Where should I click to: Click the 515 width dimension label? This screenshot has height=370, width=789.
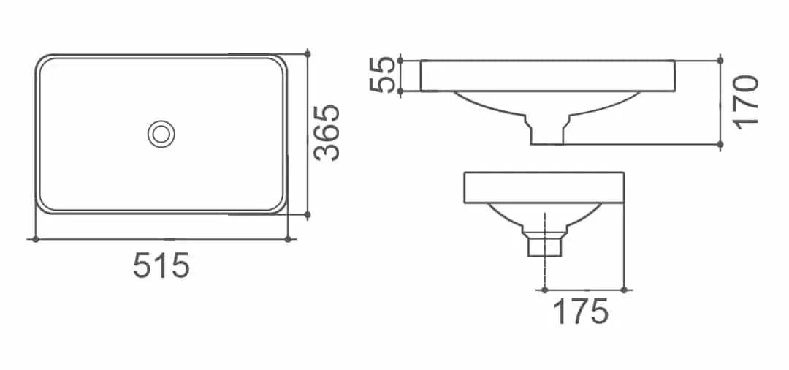pyautogui.click(x=161, y=265)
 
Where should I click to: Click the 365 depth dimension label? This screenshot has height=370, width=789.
pyautogui.click(x=327, y=132)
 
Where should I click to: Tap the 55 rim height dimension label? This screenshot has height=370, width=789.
pyautogui.click(x=386, y=75)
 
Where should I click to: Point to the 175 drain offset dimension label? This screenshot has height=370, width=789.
pyautogui.click(x=580, y=312)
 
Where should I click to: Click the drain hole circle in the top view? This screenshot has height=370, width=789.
pyautogui.click(x=161, y=133)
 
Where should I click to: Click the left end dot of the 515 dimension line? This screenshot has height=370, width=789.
pyautogui.click(x=35, y=239)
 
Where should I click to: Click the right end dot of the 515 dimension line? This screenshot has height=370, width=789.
pyautogui.click(x=289, y=239)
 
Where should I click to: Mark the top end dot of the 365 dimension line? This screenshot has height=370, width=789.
pyautogui.click(x=308, y=53)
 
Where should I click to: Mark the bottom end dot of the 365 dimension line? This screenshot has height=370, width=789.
pyautogui.click(x=308, y=215)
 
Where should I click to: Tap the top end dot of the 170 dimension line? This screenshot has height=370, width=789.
pyautogui.click(x=720, y=60)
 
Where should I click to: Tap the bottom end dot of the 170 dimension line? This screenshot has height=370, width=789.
pyautogui.click(x=720, y=145)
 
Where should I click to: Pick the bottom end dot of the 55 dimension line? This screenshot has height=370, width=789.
pyautogui.click(x=402, y=91)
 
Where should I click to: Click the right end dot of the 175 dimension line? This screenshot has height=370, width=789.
pyautogui.click(x=623, y=290)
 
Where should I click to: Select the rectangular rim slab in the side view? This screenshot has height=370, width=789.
pyautogui.click(x=544, y=187)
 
